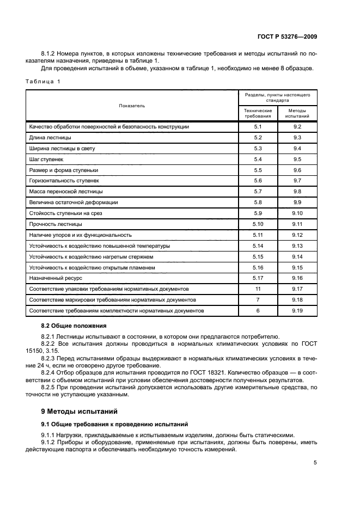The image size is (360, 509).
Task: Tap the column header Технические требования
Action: (258, 113)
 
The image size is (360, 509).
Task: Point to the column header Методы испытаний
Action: (297, 113)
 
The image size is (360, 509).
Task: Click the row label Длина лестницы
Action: (50, 137)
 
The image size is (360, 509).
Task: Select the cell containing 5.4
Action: (258, 159)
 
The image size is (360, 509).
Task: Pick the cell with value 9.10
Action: (297, 213)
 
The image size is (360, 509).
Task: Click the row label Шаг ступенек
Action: (46, 159)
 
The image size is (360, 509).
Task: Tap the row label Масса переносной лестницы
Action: (65, 192)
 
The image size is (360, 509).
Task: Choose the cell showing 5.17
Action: (258, 278)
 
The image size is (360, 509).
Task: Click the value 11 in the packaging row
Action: (258, 289)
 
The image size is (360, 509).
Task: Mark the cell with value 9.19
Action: (297, 310)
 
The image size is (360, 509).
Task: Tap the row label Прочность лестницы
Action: (55, 224)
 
